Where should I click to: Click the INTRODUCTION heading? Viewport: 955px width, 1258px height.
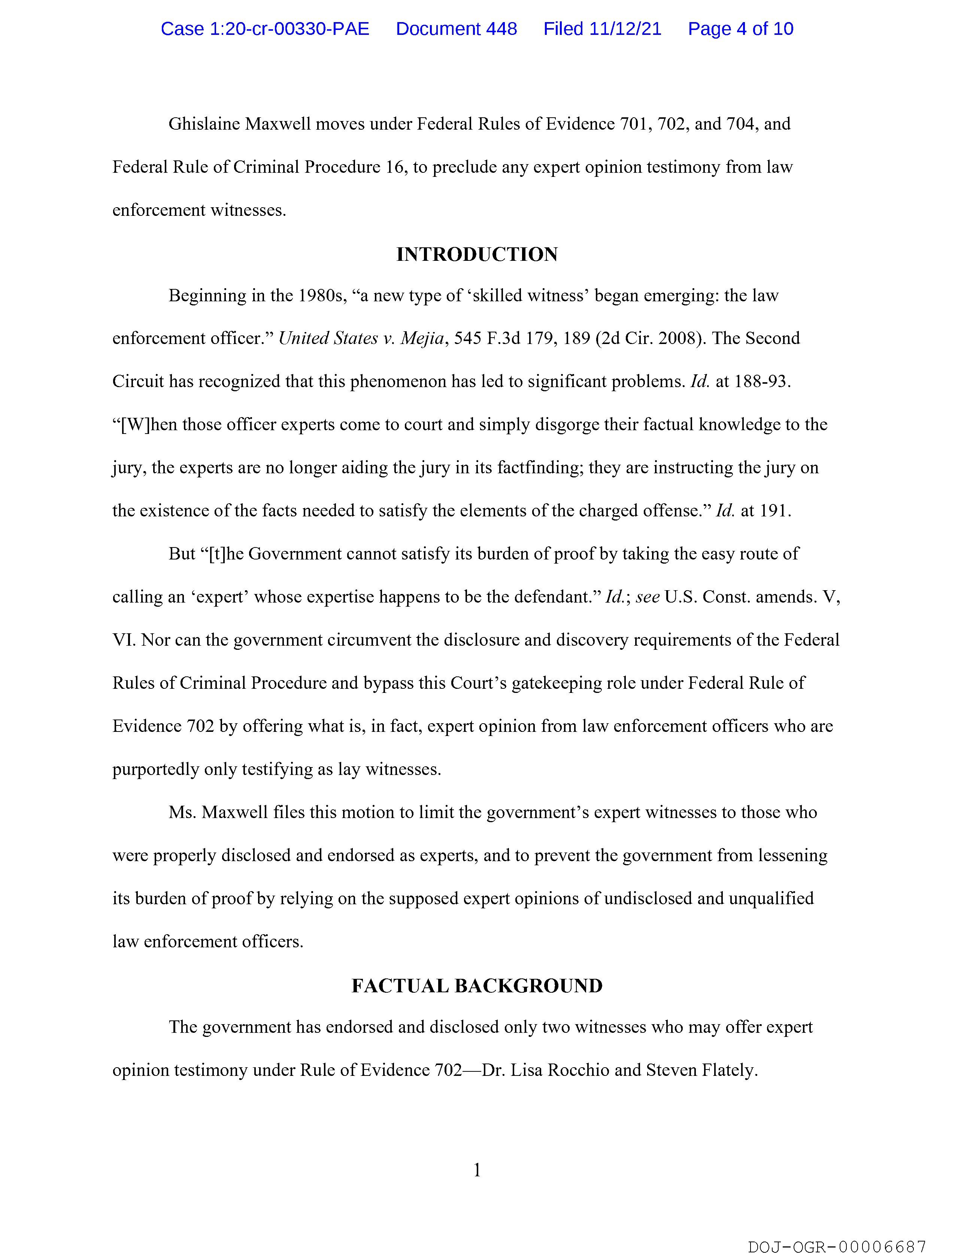[477, 254]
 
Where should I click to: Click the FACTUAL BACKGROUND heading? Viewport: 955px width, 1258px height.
[477, 986]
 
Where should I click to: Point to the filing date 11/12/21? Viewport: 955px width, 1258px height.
[625, 29]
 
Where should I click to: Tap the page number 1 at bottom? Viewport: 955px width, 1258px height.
[477, 1170]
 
